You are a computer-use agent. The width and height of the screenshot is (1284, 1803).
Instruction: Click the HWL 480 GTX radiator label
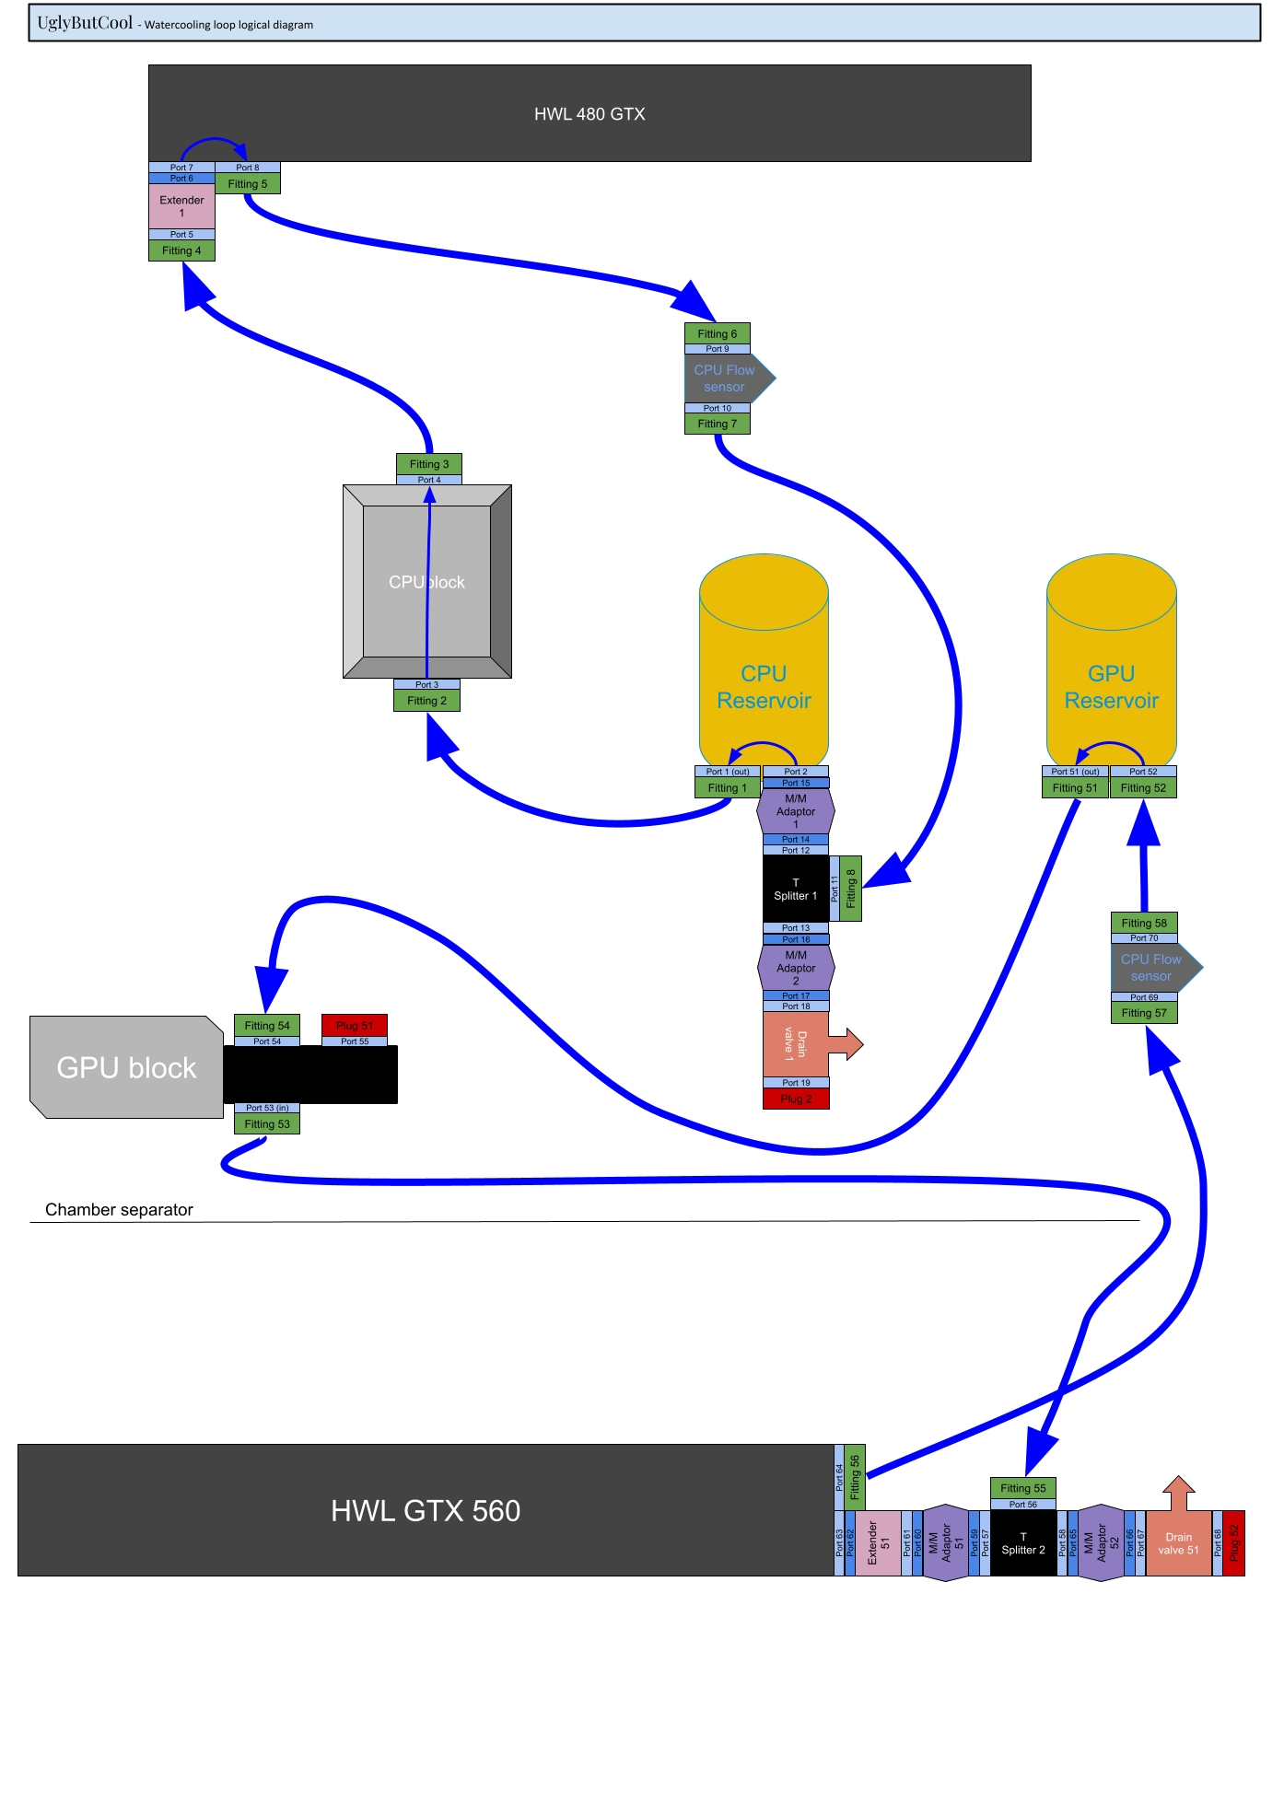pyautogui.click(x=589, y=114)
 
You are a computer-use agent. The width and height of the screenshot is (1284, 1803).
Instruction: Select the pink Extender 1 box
pyautogui.click(x=181, y=206)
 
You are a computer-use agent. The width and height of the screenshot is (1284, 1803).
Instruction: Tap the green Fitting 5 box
pyautogui.click(x=248, y=184)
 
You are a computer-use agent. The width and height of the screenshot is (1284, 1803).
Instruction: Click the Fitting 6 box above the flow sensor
pyautogui.click(x=717, y=334)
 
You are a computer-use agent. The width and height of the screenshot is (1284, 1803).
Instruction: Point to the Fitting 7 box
pyautogui.click(x=717, y=424)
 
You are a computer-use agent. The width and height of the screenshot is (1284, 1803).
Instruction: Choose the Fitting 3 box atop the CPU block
pyautogui.click(x=429, y=464)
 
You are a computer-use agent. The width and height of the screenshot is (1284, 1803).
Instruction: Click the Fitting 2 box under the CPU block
pyautogui.click(x=426, y=701)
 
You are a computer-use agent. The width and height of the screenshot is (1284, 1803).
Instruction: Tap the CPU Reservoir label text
pyautogui.click(x=764, y=687)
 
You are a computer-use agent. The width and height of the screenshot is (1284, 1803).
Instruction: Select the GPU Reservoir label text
pyautogui.click(x=1111, y=687)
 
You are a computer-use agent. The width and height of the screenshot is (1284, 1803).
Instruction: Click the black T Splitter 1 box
pyautogui.click(x=795, y=890)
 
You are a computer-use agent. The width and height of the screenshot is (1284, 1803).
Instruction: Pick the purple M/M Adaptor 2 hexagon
pyautogui.click(x=796, y=968)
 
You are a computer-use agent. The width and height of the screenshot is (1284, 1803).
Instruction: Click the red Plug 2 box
pyautogui.click(x=796, y=1099)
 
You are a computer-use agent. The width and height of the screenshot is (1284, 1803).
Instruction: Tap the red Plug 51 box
pyautogui.click(x=355, y=1026)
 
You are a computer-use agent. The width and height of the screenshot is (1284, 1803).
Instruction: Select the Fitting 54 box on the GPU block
pyautogui.click(x=267, y=1026)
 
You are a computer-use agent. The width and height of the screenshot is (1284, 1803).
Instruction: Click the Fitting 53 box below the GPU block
pyautogui.click(x=267, y=1124)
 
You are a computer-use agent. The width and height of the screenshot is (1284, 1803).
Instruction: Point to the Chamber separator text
pyautogui.click(x=119, y=1210)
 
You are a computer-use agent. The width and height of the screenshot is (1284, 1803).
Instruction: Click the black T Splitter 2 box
pyautogui.click(x=1023, y=1543)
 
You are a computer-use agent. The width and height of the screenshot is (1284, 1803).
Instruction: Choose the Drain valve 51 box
pyautogui.click(x=1178, y=1543)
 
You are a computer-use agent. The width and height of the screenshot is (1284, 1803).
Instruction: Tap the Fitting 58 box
pyautogui.click(x=1144, y=924)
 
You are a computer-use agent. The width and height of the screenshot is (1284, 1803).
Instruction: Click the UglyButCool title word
pyautogui.click(x=85, y=23)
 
